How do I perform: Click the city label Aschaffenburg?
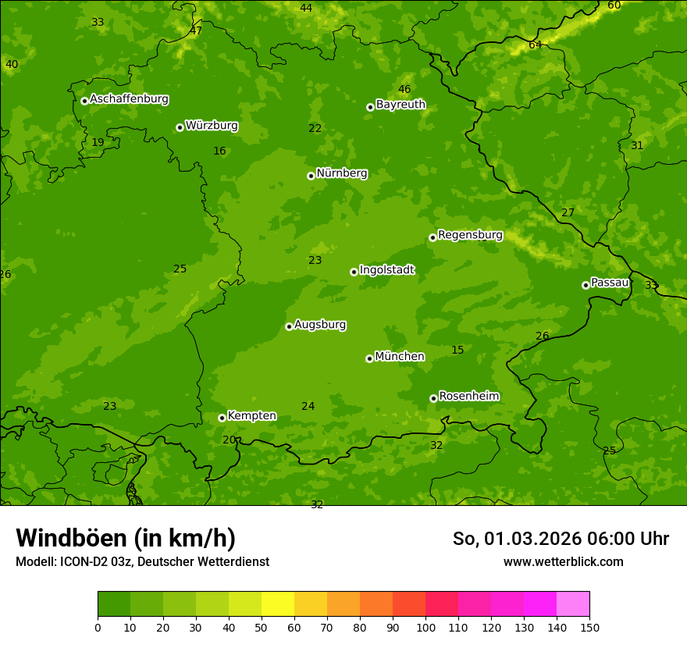(129, 99)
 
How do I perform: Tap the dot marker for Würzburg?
(180, 127)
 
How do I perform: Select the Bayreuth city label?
(400, 104)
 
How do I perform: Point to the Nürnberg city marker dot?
(311, 176)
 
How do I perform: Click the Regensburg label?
(470, 234)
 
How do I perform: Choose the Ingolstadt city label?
(386, 269)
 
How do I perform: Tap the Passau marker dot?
(586, 285)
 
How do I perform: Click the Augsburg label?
(320, 324)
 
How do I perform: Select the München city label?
(400, 356)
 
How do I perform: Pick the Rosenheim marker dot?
(433, 398)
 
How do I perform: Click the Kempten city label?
(251, 415)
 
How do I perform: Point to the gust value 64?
(535, 45)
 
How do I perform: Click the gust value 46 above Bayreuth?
(404, 89)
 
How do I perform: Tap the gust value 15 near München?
(457, 350)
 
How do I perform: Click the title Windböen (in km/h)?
(126, 538)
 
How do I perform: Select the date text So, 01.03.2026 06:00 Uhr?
(561, 539)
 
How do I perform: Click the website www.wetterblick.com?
(563, 561)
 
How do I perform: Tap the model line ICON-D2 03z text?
(142, 561)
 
